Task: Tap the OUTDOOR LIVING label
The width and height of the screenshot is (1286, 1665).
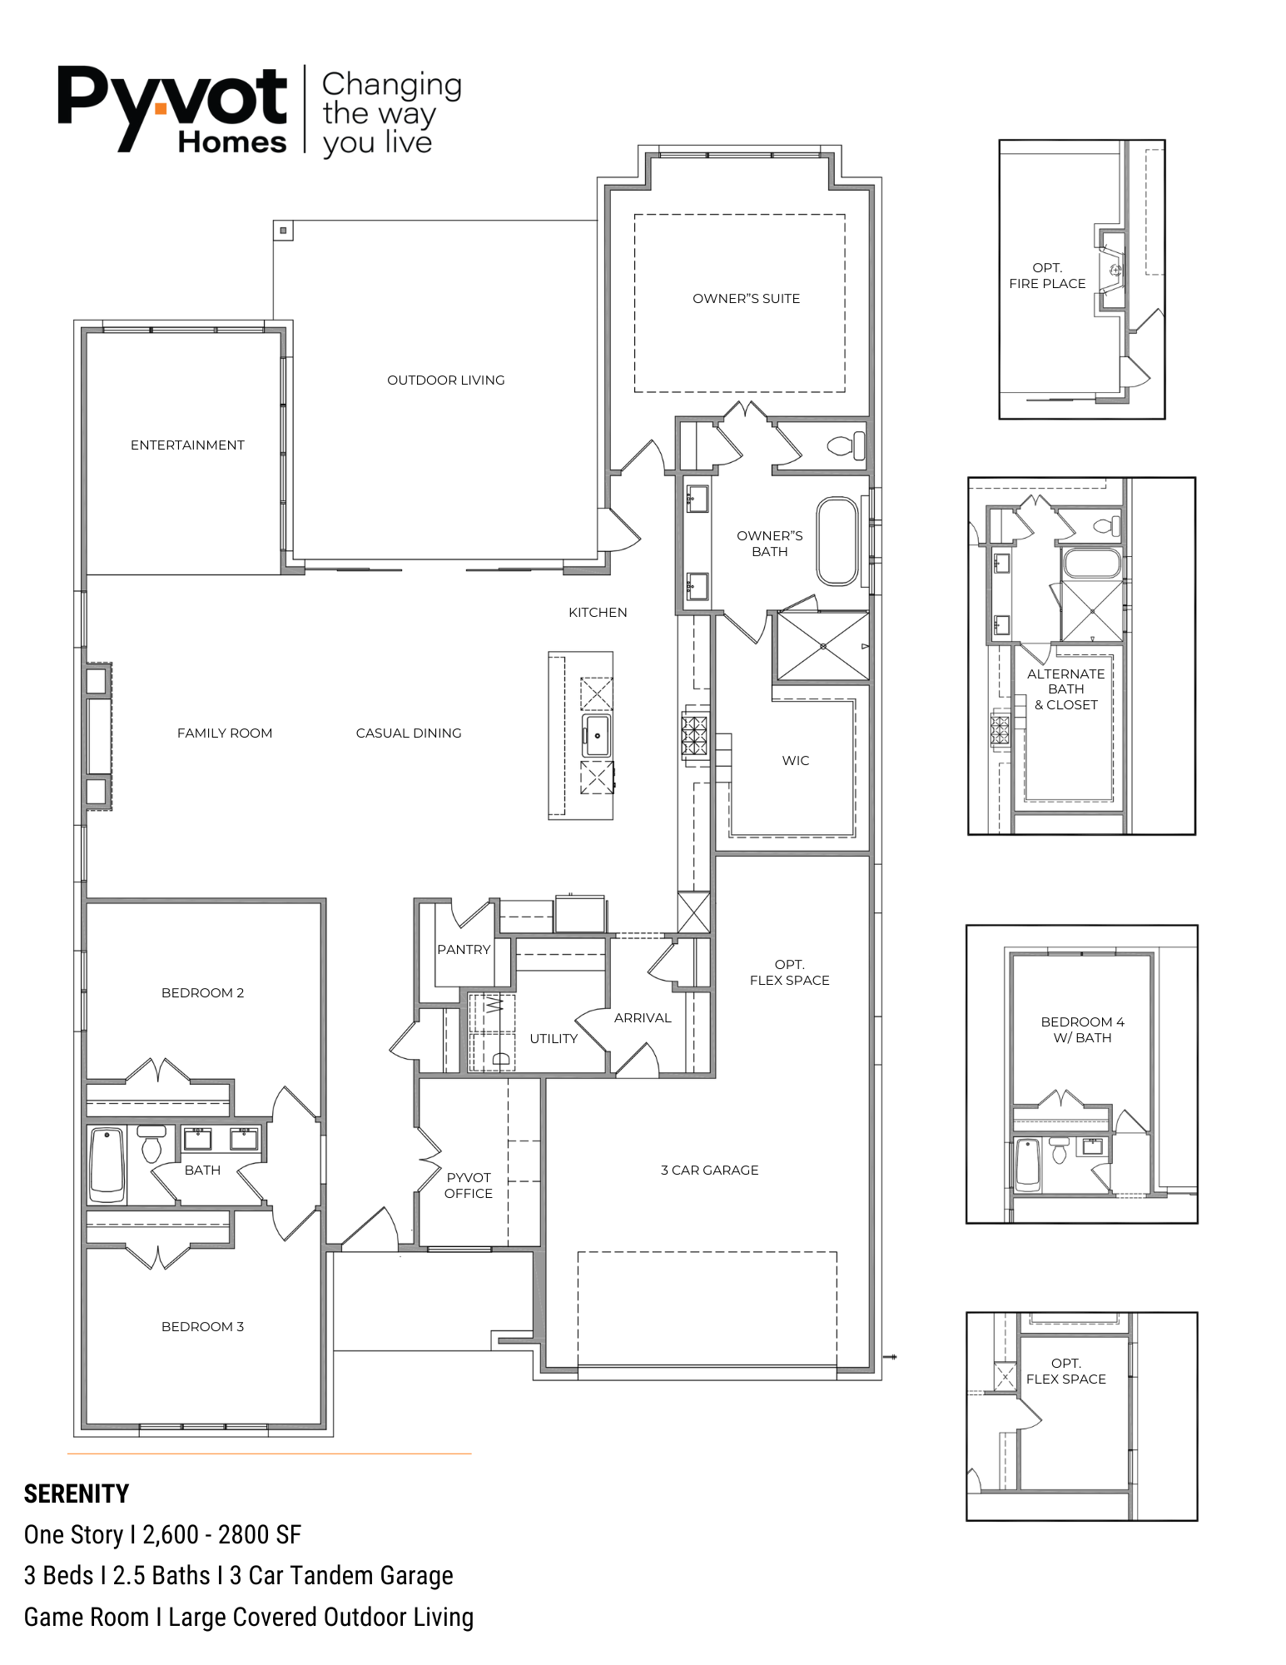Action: (445, 380)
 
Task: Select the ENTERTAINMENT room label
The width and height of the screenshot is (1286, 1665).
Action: (187, 445)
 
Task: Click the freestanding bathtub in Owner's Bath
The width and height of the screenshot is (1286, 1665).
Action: (837, 541)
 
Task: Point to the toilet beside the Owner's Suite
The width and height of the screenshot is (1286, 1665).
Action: (847, 445)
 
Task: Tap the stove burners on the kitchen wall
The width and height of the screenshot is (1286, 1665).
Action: (695, 736)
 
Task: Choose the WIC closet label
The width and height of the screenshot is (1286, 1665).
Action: (796, 761)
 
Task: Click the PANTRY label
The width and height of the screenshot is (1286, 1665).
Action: (464, 950)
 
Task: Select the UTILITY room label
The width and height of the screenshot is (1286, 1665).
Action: (554, 1039)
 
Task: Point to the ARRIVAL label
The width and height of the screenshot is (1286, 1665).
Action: (643, 1018)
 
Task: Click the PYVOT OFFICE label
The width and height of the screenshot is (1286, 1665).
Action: (469, 1185)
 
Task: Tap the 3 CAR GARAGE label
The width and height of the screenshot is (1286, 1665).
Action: (710, 1170)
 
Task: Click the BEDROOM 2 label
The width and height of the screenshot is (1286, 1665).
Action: (202, 993)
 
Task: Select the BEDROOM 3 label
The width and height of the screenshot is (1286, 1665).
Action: (202, 1327)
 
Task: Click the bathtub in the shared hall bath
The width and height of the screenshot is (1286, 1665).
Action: (107, 1164)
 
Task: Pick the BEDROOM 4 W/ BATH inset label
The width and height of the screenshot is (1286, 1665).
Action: (1082, 1030)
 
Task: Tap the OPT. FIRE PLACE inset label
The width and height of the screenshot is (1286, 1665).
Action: (1047, 276)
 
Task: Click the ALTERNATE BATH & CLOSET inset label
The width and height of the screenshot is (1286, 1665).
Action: (1066, 689)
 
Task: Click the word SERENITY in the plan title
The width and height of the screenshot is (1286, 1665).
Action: (77, 1494)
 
